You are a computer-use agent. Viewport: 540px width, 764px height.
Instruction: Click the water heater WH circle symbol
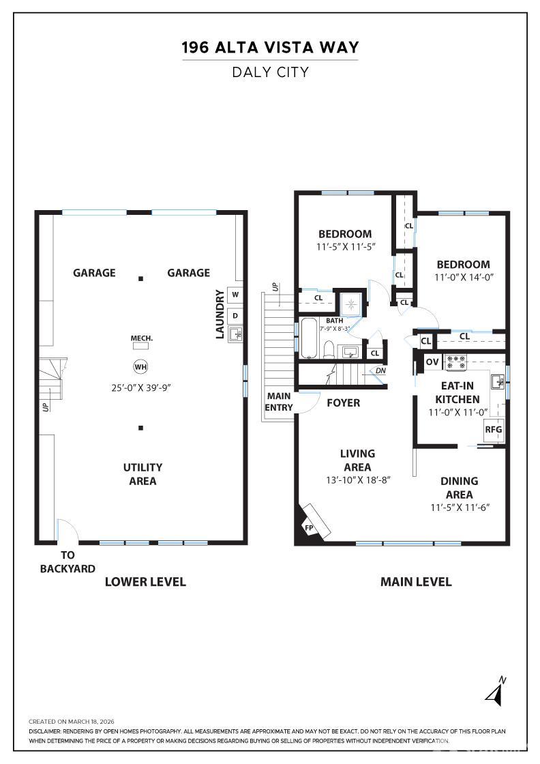[x=140, y=367]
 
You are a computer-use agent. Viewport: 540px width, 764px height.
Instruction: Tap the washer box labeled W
[x=235, y=295]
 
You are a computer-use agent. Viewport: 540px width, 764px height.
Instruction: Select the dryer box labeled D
[x=235, y=315]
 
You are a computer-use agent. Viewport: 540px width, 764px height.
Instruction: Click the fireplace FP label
[x=308, y=528]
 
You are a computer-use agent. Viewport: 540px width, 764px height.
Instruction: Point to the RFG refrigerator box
[x=493, y=429]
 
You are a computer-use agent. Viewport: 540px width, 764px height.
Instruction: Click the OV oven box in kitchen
[x=432, y=362]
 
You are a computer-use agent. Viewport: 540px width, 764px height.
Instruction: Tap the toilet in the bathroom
[x=329, y=349]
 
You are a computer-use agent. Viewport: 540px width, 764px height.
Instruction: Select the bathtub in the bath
[x=309, y=338]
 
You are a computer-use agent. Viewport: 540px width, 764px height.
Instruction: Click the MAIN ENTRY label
[x=279, y=402]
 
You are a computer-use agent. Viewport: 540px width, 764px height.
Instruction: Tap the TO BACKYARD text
[x=67, y=561]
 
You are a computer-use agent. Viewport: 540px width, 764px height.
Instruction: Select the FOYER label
[x=343, y=403]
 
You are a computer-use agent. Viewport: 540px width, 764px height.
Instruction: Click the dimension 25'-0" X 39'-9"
[x=140, y=387]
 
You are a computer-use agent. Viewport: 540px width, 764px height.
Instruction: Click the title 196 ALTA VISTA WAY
[x=270, y=48]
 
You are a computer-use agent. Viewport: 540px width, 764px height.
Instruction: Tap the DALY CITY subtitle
[x=270, y=72]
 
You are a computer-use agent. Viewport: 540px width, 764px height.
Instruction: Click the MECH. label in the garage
[x=141, y=338]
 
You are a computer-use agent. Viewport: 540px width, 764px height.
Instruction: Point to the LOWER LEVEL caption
[x=145, y=582]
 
